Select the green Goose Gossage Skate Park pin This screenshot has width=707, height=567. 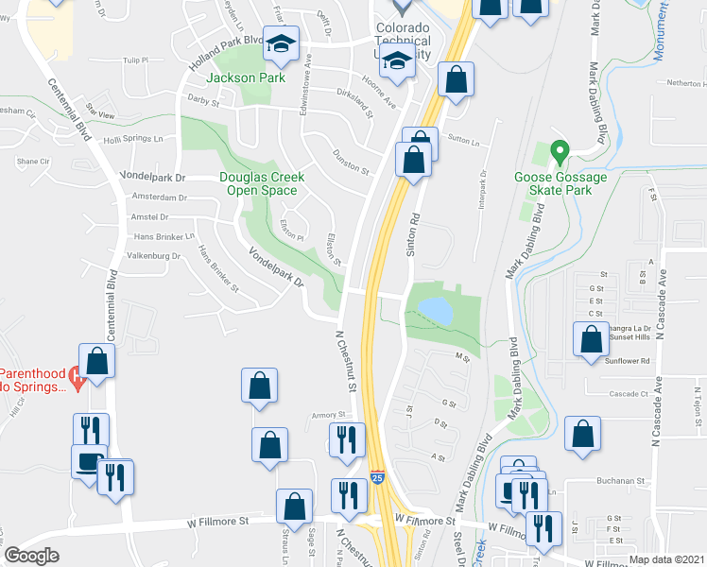click(559, 151)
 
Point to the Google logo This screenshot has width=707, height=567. click(31, 555)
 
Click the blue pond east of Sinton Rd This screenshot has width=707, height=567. click(434, 308)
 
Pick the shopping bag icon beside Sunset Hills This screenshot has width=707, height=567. click(591, 338)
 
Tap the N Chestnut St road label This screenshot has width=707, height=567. click(345, 361)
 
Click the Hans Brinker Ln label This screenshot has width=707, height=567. click(163, 236)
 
